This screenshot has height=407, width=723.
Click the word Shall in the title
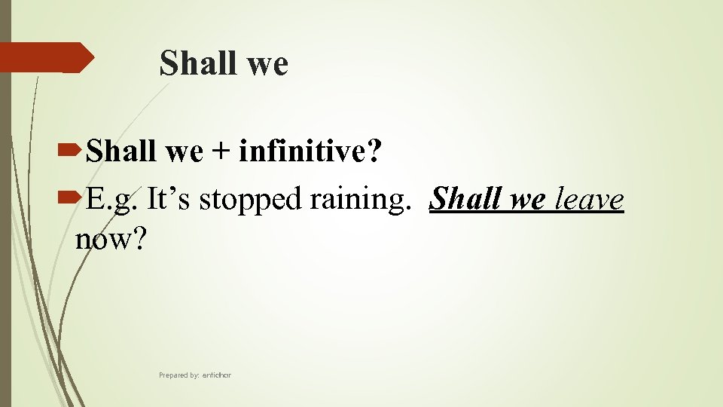196,63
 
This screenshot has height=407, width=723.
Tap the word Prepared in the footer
174,375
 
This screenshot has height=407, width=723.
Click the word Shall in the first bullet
122,153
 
